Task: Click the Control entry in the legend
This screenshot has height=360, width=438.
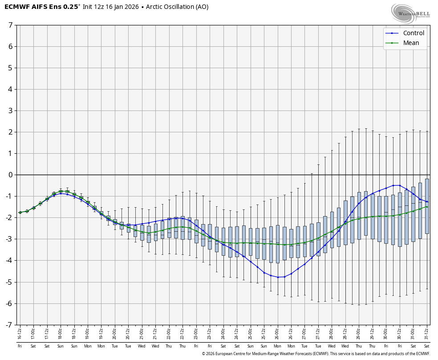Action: coord(414,33)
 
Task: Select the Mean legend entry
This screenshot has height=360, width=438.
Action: coord(411,43)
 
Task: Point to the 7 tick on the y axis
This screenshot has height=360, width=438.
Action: coord(10,25)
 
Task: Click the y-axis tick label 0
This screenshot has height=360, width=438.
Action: coord(10,175)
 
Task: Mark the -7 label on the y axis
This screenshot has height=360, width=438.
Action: coord(9,325)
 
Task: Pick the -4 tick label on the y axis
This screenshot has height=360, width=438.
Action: coord(9,261)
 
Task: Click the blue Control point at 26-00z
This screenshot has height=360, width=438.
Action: coord(277,277)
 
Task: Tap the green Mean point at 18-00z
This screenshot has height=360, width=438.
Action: coord(61,191)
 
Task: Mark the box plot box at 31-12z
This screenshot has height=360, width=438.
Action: coord(427,206)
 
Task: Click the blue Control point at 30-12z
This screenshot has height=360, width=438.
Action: coord(400,185)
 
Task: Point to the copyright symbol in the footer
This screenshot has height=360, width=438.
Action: coord(203,354)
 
